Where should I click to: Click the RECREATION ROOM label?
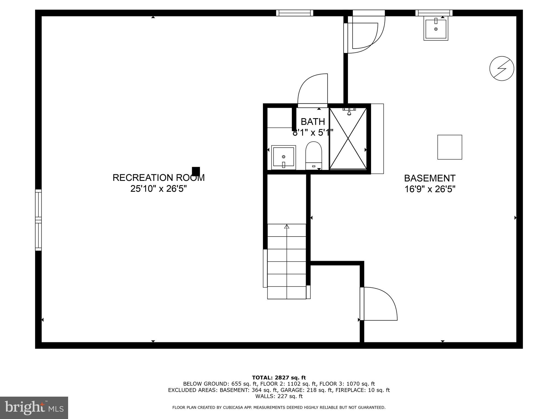coord(158,178)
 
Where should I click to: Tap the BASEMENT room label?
coord(430,178)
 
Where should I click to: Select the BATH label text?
coord(313,121)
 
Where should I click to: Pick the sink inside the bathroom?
coord(283,157)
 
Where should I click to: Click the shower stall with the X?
coord(348,138)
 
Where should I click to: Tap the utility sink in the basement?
coord(436,28)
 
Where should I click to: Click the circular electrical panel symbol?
coord(502,68)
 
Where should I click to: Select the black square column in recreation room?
coord(196,171)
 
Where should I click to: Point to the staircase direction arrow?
coord(287,227)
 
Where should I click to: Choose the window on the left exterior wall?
coord(38,220)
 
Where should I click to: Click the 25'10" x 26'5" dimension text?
coord(158,189)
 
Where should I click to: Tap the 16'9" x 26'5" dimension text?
coord(430,189)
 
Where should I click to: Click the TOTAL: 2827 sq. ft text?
coord(279,378)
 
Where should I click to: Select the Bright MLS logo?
coord(34,408)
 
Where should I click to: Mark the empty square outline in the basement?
coord(450,147)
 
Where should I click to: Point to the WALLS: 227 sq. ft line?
coord(279,396)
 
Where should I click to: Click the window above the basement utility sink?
coord(434,13)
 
